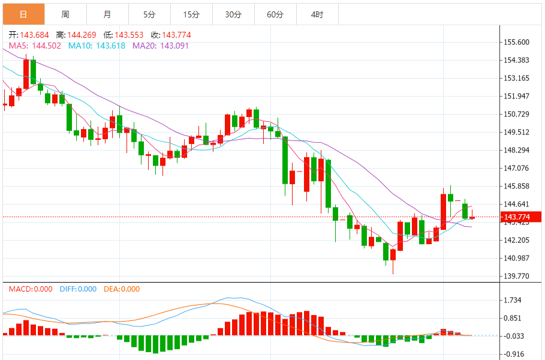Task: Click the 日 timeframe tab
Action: coord(23,14)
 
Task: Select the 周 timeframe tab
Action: coord(65,14)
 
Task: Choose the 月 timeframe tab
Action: coord(107,14)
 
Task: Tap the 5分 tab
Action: coord(149,14)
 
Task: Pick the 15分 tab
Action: coord(191,14)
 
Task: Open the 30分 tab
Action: coord(233,14)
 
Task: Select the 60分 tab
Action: coord(275,14)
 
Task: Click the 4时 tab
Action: coord(317,14)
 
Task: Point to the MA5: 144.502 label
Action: coord(35,46)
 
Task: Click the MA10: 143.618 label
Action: coord(97,46)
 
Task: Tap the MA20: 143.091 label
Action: coord(161,46)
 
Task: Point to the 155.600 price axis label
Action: coord(516,42)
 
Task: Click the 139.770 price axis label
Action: coord(516,276)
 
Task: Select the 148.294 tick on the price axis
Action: coord(516,150)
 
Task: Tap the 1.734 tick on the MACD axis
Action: coord(513,300)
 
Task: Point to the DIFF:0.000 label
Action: coord(78,289)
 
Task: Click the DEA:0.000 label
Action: coord(121,289)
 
